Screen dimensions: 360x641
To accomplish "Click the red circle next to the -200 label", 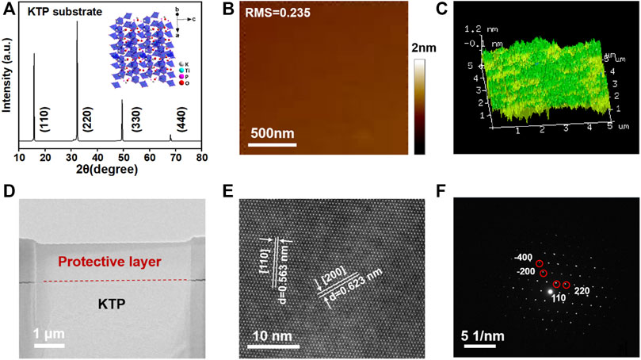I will [543, 274].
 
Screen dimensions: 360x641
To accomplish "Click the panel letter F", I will [446, 193].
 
